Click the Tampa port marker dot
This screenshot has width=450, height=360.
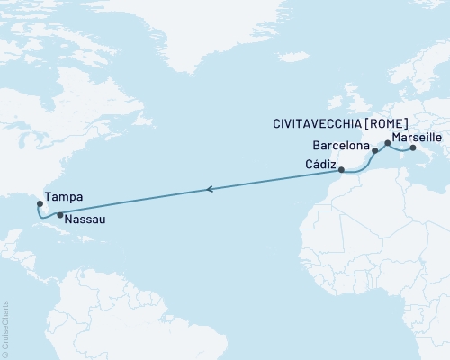tap(40, 203)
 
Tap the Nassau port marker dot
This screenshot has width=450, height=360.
tap(59, 215)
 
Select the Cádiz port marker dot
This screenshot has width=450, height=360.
tap(342, 168)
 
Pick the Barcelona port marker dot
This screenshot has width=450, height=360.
tap(374, 151)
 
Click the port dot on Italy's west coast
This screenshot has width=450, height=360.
tap(412, 148)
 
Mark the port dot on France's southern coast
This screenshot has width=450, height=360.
tap(388, 142)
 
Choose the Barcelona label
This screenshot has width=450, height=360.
tap(340, 145)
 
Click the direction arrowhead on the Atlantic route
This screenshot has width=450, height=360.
tap(209, 189)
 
